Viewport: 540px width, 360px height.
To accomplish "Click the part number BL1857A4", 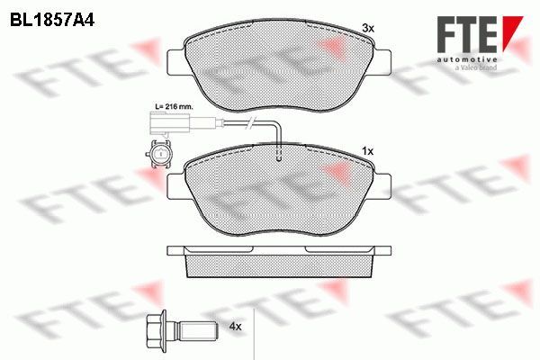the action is click(52, 21).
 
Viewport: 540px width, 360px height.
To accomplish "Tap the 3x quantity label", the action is click(368, 28).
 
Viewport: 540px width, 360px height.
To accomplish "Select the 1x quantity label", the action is click(368, 151).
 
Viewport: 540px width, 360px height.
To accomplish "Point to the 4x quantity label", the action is click(235, 326).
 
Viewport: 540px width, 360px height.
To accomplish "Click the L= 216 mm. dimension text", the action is click(174, 107).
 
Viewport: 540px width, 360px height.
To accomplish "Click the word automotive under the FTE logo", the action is click(467, 60).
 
